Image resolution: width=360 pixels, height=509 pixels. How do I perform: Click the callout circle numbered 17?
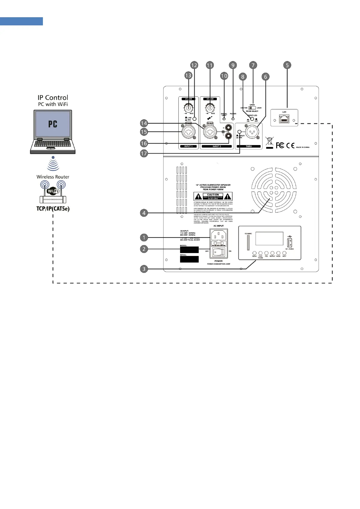pyautogui.click(x=144, y=153)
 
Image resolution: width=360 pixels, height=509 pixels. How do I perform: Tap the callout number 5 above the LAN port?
pyautogui.click(x=287, y=65)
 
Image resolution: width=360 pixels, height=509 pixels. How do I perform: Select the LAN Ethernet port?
pyautogui.click(x=284, y=119)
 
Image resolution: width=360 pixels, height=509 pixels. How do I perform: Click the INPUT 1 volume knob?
pyautogui.click(x=188, y=107)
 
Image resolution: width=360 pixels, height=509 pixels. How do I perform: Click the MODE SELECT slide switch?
pyautogui.click(x=252, y=108)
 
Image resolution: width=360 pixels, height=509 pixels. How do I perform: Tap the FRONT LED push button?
pyautogui.click(x=252, y=119)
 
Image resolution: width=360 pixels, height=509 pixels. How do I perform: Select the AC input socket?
pyautogui.click(x=219, y=235)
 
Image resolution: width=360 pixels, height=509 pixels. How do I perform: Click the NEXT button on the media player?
pyautogui.click(x=284, y=253)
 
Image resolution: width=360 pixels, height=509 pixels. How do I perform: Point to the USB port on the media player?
pyautogui.click(x=288, y=242)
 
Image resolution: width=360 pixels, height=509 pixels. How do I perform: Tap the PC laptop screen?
pyautogui.click(x=53, y=124)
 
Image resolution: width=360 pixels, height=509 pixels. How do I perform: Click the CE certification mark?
pyautogui.click(x=290, y=145)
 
